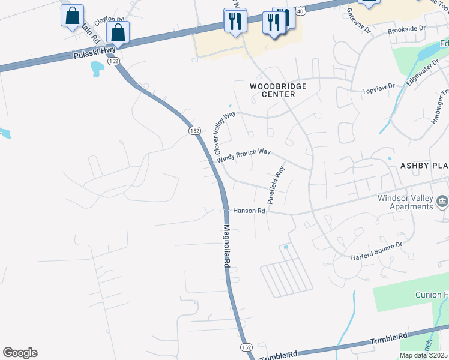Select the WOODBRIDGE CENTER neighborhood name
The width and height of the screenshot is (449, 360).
coord(278,90)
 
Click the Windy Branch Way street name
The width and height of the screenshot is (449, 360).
coord(244,155)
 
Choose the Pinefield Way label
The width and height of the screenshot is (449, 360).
coord(276,185)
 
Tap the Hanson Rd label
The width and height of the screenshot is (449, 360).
coord(249,211)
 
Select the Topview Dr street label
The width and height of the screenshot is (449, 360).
coord(378,91)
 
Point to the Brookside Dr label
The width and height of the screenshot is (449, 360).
coord(406,29)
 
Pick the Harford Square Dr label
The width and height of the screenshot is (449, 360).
coord(376,251)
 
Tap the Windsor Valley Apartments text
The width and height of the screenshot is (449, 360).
coord(405,202)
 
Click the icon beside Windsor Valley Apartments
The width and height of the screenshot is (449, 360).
coord(442,201)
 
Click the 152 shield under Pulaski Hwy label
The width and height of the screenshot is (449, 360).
coord(114,61)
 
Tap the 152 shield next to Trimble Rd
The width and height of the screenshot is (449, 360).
coord(246,347)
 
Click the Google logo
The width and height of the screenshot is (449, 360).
coord(20,353)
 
